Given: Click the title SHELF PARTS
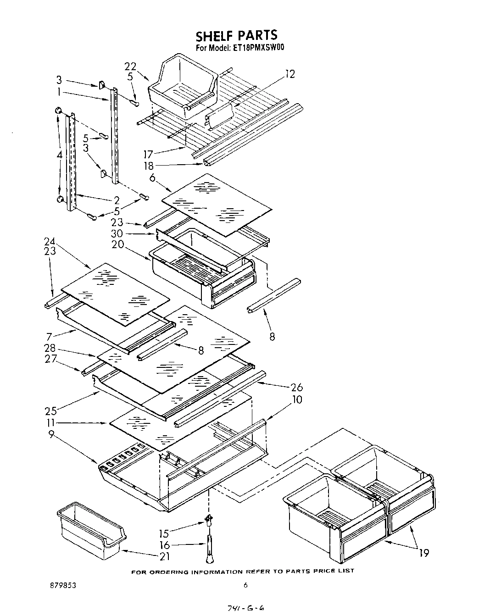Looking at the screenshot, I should pos(236,35).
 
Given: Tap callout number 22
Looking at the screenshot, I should pos(130,67).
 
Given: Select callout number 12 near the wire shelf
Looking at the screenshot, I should pos(290,74).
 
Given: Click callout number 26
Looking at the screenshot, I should pos(296,388).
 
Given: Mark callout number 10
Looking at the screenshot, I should pos(297,400).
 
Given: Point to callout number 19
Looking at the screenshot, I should pos(424,553).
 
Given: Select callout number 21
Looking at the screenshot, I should pos(164,556).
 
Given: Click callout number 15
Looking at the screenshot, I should pos(164,533).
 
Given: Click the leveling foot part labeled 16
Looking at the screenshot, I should pos(209,549).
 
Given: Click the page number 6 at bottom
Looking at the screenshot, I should pos(245,585).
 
